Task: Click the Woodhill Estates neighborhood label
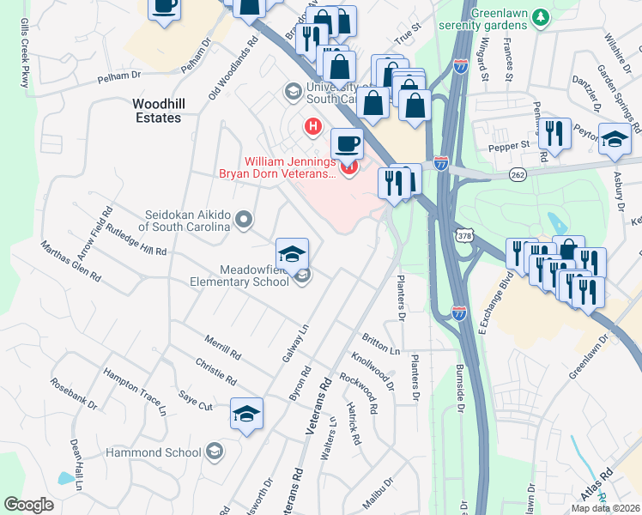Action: click(157, 110)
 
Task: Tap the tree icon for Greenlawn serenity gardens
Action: click(540, 16)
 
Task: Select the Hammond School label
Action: click(154, 452)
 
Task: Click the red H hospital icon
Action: click(313, 128)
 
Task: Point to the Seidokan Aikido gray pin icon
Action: click(245, 220)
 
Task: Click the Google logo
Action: click(29, 504)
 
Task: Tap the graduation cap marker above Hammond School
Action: click(246, 415)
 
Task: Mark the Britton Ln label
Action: click(382, 345)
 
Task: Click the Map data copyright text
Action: click(606, 508)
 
